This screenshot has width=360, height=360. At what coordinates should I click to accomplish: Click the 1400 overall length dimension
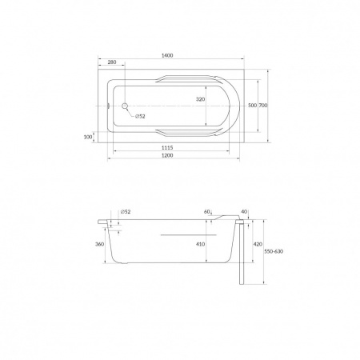tap(167, 55)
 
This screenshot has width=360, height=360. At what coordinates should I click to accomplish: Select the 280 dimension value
tap(112, 62)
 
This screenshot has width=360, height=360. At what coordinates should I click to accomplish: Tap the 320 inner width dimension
tap(200, 99)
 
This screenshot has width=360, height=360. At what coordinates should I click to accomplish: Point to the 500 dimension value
tap(252, 106)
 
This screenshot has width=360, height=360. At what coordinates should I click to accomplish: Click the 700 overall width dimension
tap(263, 106)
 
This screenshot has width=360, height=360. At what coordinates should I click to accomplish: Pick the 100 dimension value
tap(88, 137)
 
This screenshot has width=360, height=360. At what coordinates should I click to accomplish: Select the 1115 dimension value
tap(167, 147)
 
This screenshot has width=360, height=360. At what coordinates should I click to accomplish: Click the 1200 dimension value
tap(167, 155)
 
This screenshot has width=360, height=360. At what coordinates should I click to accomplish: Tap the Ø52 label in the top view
tap(140, 116)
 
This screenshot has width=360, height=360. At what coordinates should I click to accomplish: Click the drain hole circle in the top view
tap(125, 106)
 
